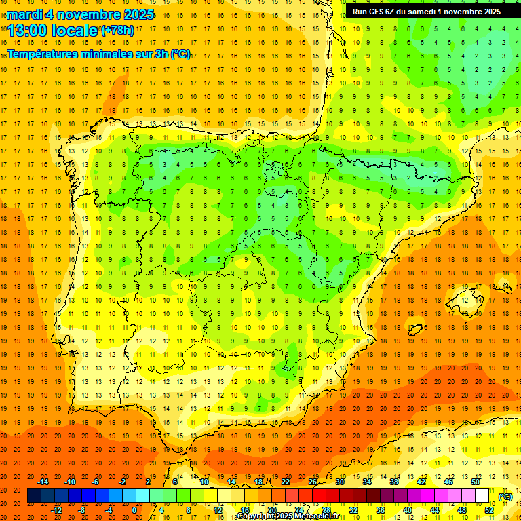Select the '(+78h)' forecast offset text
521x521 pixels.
click(x=117, y=31)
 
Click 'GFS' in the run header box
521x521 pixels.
click(x=381, y=12)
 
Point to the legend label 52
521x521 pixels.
click(x=489, y=509)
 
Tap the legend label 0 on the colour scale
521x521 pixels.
click(x=134, y=509)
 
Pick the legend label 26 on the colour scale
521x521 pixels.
click(x=313, y=482)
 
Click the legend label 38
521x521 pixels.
click(x=394, y=482)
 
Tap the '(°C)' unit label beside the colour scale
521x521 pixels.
click(x=505, y=496)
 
